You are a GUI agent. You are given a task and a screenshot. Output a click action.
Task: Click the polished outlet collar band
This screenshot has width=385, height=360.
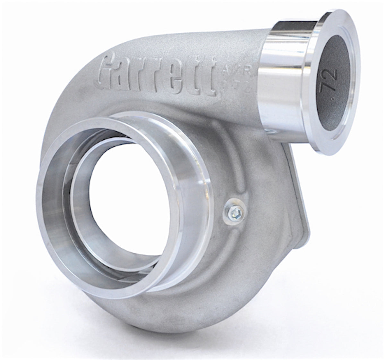(282, 80)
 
